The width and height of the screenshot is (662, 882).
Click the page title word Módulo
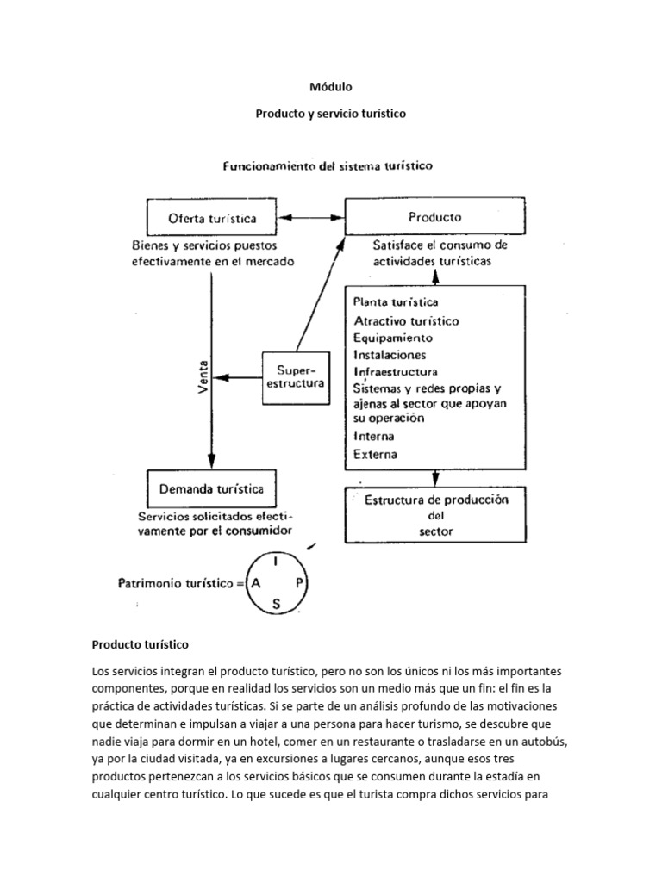point(331,86)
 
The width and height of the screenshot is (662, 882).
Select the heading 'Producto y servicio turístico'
point(331,113)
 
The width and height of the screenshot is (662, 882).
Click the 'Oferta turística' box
point(211,218)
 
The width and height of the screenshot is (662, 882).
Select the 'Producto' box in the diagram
point(434,217)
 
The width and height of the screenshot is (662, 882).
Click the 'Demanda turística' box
point(211,491)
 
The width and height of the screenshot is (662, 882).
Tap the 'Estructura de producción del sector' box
point(436,515)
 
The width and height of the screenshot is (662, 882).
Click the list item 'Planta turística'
point(396,302)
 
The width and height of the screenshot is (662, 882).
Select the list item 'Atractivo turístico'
point(406,320)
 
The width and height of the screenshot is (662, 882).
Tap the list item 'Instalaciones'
point(390,355)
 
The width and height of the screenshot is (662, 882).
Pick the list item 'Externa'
point(376,454)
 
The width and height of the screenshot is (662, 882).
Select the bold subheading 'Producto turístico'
point(140,643)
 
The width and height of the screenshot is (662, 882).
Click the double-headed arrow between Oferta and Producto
point(314,218)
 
